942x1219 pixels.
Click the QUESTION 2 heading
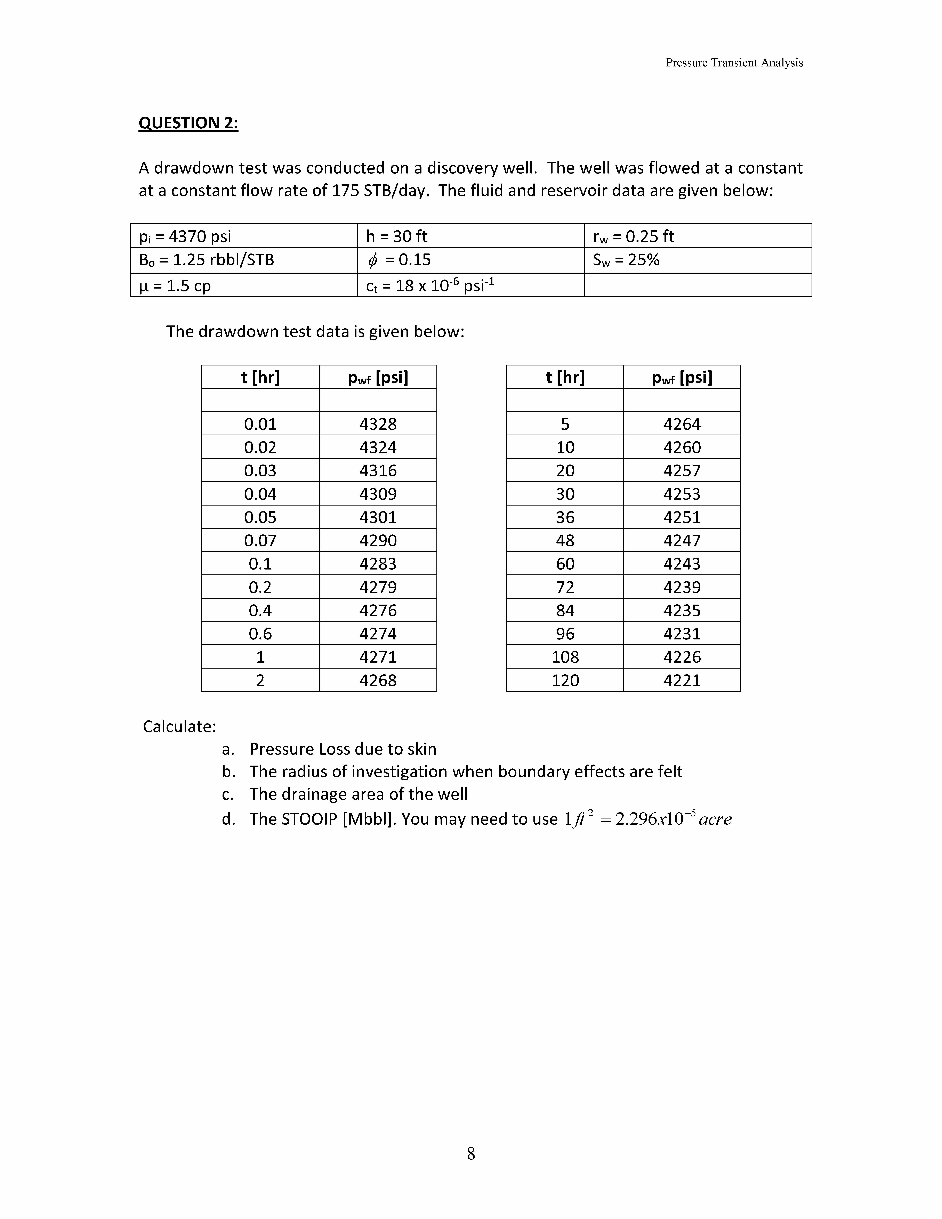(x=188, y=123)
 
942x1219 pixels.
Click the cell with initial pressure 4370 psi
(x=185, y=236)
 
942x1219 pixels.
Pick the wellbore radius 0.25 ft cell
(x=633, y=236)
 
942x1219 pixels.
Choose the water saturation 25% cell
(x=626, y=260)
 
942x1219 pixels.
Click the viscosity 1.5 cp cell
(x=175, y=286)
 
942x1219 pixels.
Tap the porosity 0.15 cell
(x=400, y=260)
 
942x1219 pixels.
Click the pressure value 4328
(x=378, y=424)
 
